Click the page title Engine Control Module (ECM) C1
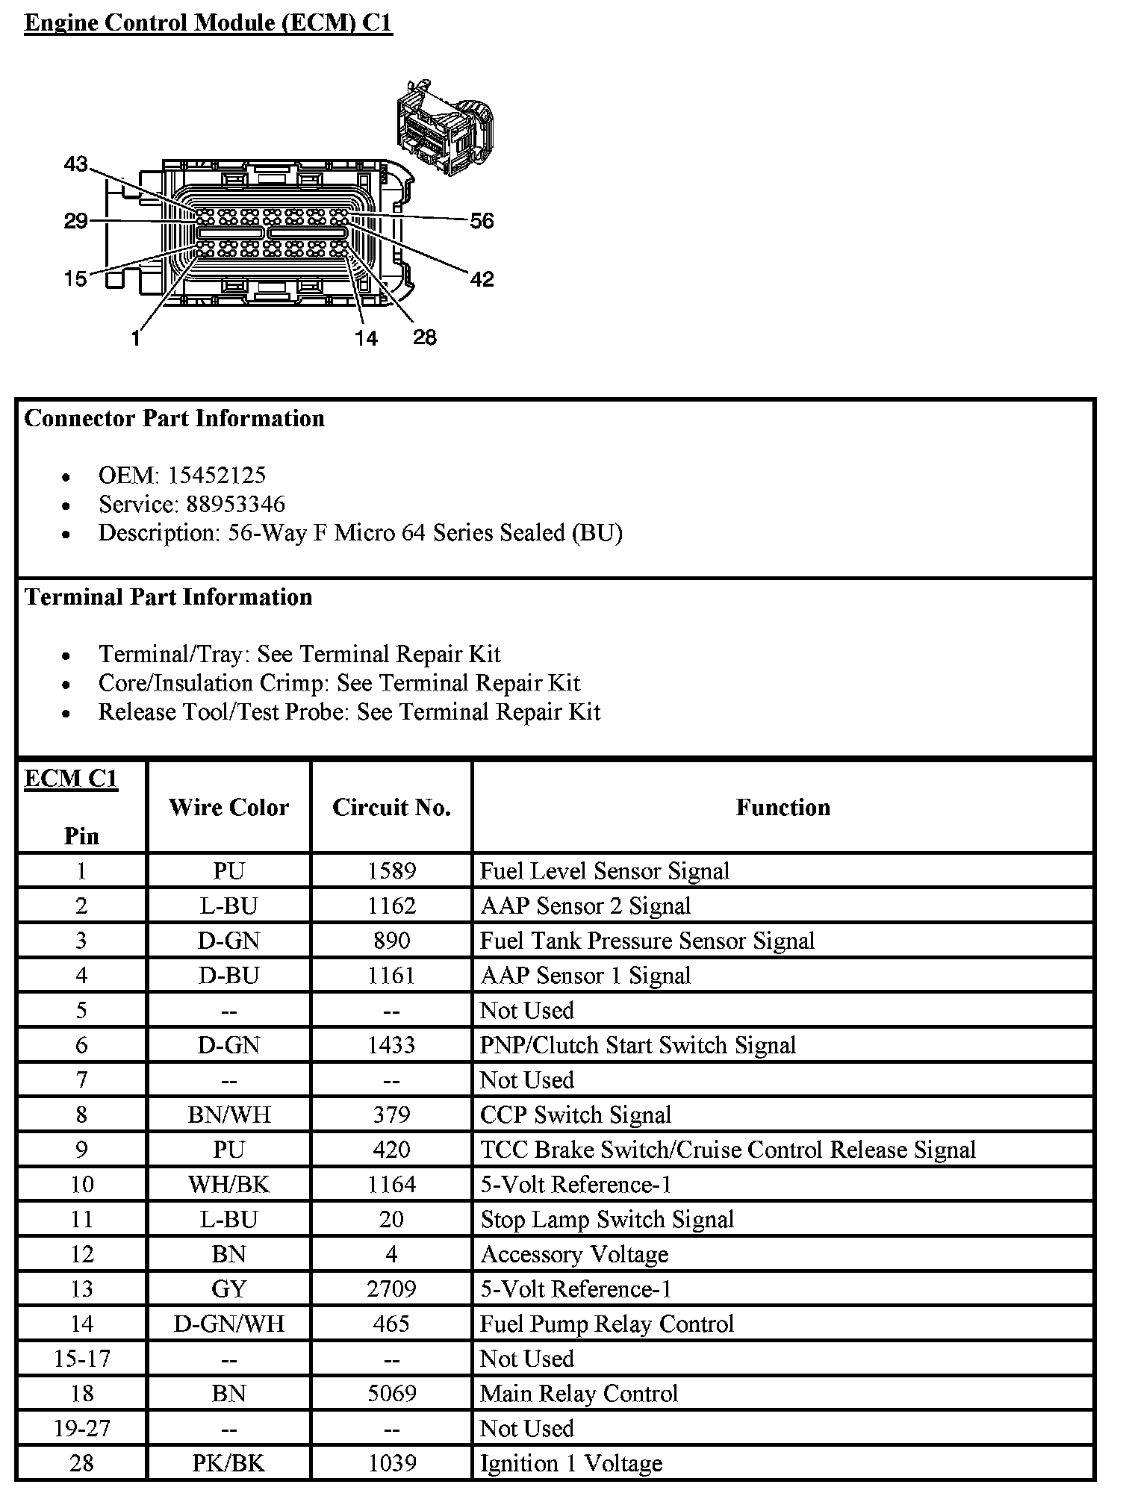(208, 22)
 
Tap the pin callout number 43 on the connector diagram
(75, 164)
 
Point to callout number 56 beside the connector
(482, 220)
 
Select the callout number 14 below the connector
(366, 338)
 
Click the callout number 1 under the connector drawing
(135, 338)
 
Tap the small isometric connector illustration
(445, 128)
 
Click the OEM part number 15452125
(217, 475)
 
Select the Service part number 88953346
(235, 504)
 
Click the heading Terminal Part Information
(168, 596)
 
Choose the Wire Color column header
(228, 807)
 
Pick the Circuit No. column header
(391, 807)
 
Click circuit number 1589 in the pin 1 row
(391, 870)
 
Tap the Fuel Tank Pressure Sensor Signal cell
(647, 941)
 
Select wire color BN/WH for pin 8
(228, 1115)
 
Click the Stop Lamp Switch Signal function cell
(607, 1219)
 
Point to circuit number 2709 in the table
(391, 1288)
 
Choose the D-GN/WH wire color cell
(228, 1324)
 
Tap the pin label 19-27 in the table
(81, 1428)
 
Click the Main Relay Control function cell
(579, 1393)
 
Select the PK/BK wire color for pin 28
(228, 1462)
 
